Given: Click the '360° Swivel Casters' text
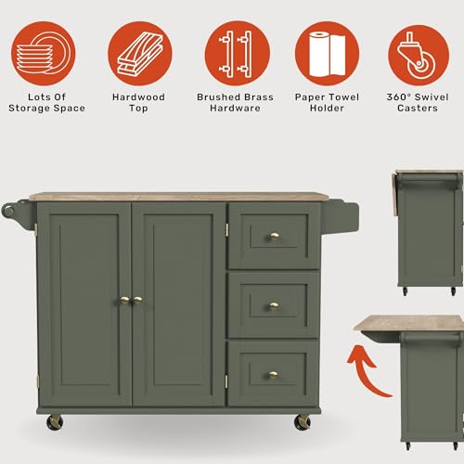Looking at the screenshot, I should coord(418,102).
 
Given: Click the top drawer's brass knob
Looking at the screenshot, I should coord(274,237).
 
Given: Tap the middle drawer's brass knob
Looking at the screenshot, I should coord(274,305).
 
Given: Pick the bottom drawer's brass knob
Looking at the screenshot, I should coord(274,375).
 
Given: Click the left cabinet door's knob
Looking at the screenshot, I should coord(123,300).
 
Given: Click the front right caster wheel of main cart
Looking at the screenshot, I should coord(303,422).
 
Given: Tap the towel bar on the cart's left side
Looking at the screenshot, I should coord(19,208).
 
